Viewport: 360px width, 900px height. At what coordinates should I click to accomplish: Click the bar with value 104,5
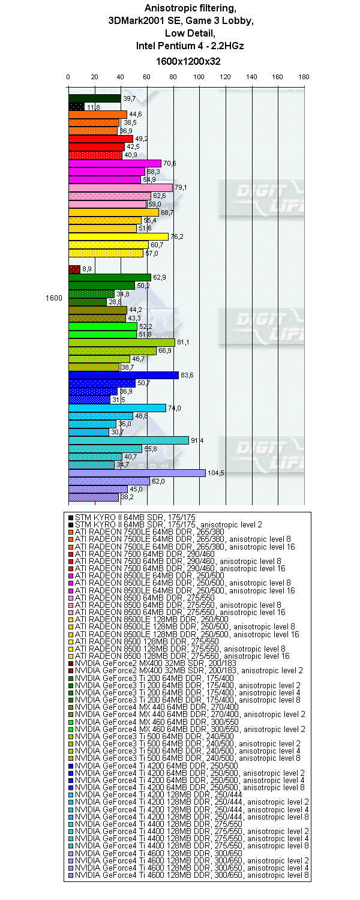click(x=137, y=473)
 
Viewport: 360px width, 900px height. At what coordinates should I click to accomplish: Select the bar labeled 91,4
click(x=128, y=440)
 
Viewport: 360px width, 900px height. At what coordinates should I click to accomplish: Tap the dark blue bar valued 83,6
click(x=124, y=375)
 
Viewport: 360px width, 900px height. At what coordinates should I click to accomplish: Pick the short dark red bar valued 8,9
click(x=74, y=269)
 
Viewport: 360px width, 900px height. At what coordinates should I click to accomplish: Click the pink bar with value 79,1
click(x=121, y=188)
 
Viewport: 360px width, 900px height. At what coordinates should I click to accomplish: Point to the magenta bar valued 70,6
click(x=115, y=163)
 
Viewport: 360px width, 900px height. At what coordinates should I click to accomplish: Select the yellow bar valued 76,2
click(x=118, y=236)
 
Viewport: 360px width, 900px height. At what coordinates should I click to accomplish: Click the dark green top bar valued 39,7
click(x=95, y=98)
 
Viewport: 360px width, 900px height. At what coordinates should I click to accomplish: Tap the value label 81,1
click(x=183, y=343)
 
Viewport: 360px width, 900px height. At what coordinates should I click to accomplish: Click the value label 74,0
click(x=174, y=408)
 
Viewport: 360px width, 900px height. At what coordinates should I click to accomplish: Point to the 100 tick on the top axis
click(x=199, y=77)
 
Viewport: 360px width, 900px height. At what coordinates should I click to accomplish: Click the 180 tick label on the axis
click(x=304, y=77)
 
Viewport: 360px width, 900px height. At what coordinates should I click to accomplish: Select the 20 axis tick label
click(x=94, y=77)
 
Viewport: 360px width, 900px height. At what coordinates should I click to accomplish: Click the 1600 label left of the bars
click(x=54, y=298)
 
